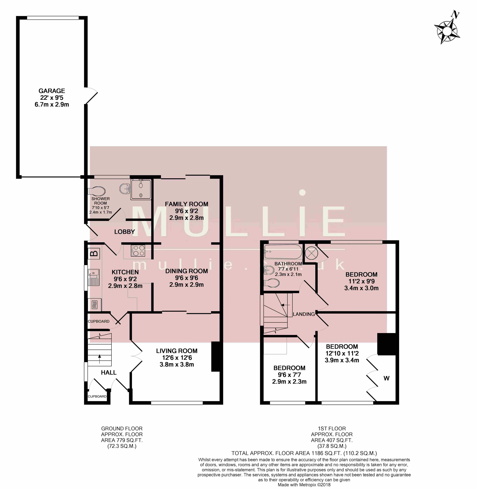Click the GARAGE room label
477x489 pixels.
[52, 91]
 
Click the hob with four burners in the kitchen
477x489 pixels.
[138, 250]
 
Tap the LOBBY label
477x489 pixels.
[124, 232]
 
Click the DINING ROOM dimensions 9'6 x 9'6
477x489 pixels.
[187, 278]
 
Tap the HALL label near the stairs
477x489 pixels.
[109, 373]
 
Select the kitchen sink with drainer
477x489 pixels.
[93, 277]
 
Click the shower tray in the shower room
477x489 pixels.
[141, 189]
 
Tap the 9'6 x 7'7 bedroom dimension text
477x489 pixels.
[289, 375]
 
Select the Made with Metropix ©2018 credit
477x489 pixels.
[304, 485]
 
